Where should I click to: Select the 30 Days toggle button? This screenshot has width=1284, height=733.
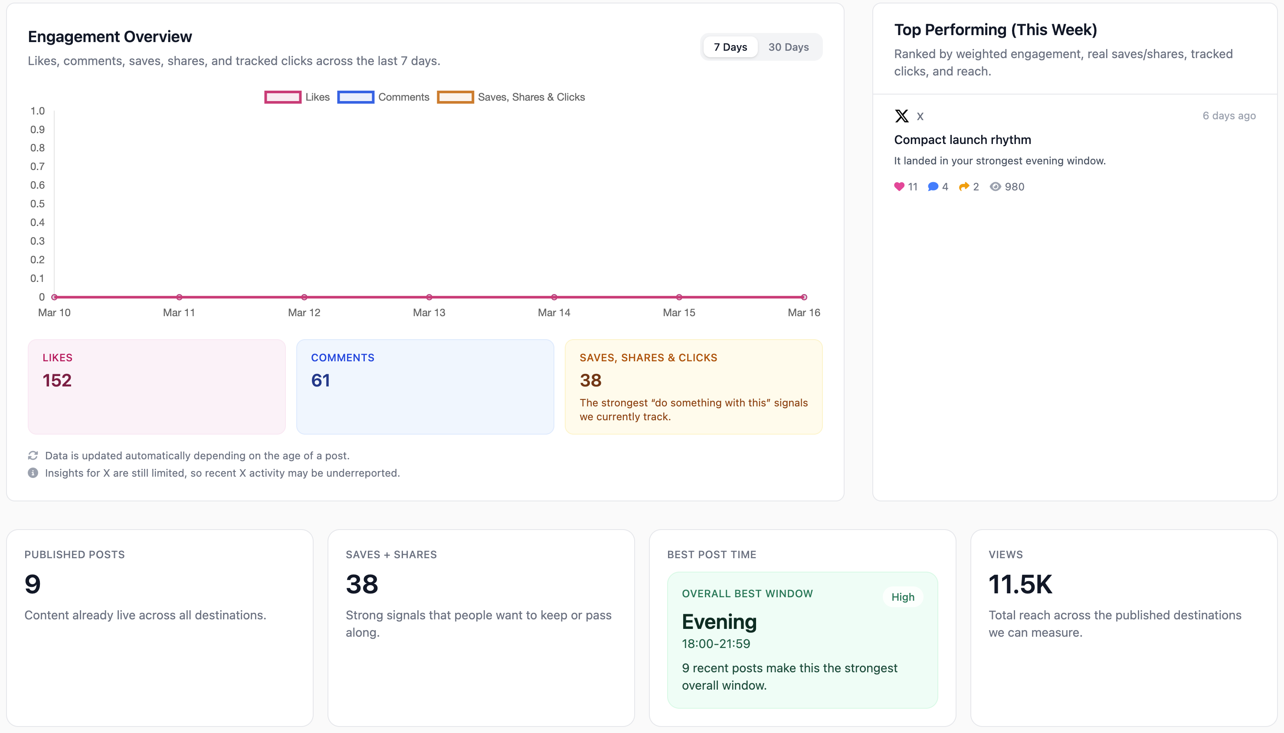[788, 47]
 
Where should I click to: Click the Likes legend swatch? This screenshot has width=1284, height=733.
[282, 97]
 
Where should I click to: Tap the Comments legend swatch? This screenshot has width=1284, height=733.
[355, 97]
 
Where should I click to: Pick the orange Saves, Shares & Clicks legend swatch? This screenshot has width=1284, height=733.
[455, 97]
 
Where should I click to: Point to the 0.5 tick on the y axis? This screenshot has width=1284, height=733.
[38, 204]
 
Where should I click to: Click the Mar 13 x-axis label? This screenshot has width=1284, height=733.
[429, 313]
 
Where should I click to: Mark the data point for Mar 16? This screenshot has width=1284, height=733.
[804, 297]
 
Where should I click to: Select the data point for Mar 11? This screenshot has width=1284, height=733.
[179, 297]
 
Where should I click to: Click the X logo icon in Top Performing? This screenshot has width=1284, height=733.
[901, 116]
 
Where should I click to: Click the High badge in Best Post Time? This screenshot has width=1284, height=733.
[902, 597]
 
